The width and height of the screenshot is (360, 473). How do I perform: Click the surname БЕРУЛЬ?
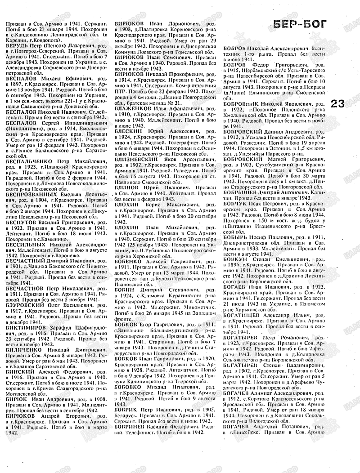18,45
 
